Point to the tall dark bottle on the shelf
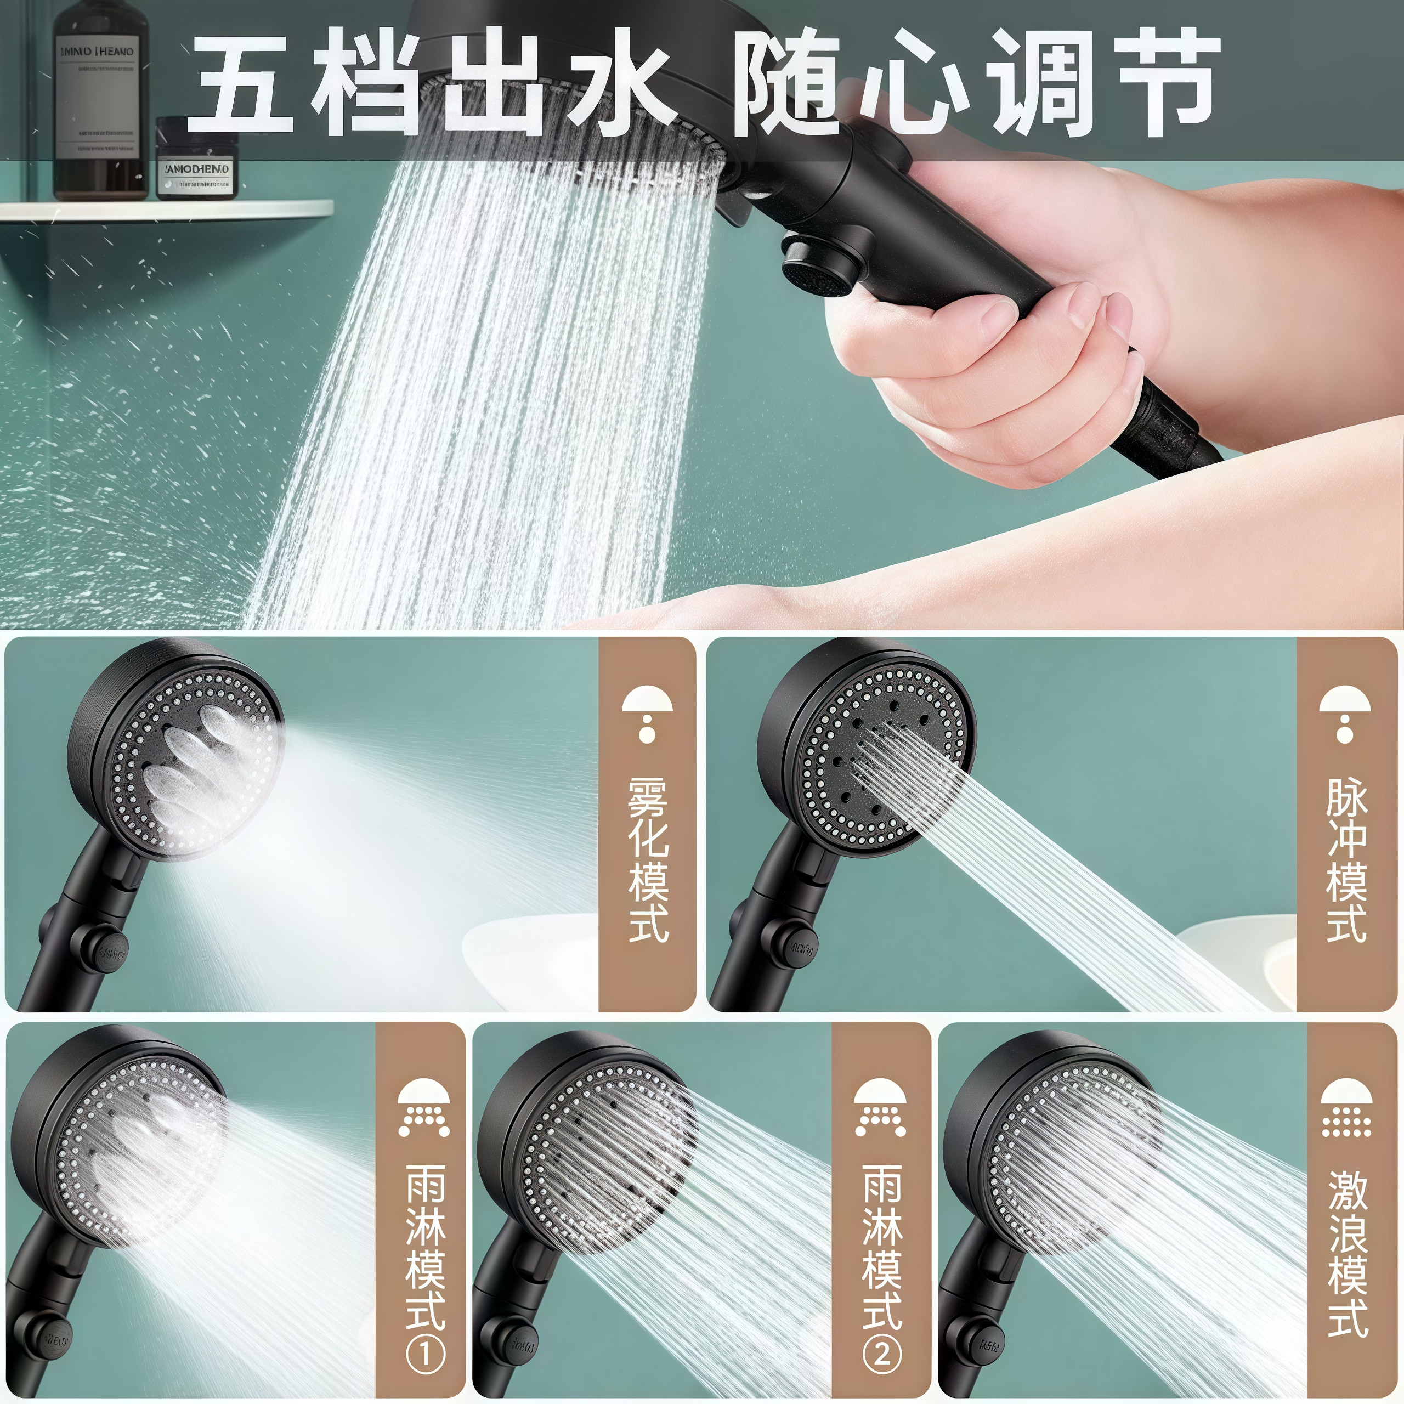click(x=100, y=109)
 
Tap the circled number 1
click(x=425, y=1355)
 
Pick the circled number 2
click(x=881, y=1355)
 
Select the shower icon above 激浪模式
click(x=1346, y=1109)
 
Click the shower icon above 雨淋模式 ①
click(x=424, y=1109)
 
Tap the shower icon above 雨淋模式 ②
click(x=881, y=1109)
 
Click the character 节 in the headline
click(x=1167, y=83)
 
